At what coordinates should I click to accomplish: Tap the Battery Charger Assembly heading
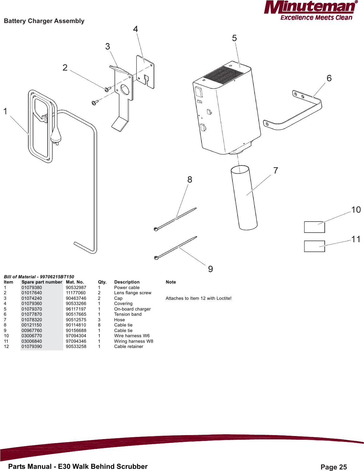click(44, 21)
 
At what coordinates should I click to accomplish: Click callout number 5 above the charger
click(234, 38)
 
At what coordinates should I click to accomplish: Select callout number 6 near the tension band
click(329, 78)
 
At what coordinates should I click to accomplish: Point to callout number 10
click(356, 210)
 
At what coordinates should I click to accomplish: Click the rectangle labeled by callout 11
click(314, 246)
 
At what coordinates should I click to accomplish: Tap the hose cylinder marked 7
click(244, 198)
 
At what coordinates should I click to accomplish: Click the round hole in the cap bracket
click(125, 89)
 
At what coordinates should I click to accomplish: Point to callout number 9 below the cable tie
click(211, 269)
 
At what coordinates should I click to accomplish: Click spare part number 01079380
click(32, 288)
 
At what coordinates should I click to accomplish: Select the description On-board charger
click(132, 309)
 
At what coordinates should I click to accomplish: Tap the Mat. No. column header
click(75, 282)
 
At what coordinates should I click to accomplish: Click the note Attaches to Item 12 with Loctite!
click(198, 298)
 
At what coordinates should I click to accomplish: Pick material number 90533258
click(76, 346)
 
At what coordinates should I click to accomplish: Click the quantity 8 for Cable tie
click(99, 325)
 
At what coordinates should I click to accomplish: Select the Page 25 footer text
click(333, 467)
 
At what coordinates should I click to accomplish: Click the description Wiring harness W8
click(134, 341)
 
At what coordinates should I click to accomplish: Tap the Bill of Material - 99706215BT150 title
click(39, 277)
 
